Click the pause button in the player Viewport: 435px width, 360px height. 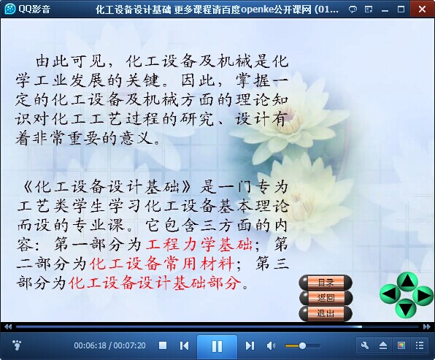(x=217, y=346)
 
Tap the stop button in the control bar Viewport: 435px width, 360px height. (x=163, y=345)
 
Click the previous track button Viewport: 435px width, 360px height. (x=184, y=345)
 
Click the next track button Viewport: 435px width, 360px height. (x=250, y=345)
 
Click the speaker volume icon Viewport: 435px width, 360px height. (x=271, y=345)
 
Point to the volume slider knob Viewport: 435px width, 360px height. (x=302, y=345)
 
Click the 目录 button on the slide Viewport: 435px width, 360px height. (x=326, y=283)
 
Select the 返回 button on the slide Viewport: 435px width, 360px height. (x=326, y=298)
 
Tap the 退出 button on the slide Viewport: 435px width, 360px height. (x=326, y=313)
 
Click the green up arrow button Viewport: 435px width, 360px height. (x=407, y=281)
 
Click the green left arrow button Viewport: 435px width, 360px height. (x=390, y=294)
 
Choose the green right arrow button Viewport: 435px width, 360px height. (x=423, y=295)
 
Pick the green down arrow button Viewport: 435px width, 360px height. (x=406, y=308)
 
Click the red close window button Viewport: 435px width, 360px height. (x=423, y=9)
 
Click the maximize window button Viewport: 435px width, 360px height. (x=401, y=9)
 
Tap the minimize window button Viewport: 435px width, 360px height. (x=385, y=10)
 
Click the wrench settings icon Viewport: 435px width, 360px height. (x=365, y=345)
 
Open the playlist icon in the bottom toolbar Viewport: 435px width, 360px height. (x=420, y=345)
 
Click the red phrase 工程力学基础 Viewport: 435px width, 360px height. (x=199, y=245)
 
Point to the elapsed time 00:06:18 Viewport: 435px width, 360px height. (x=91, y=345)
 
